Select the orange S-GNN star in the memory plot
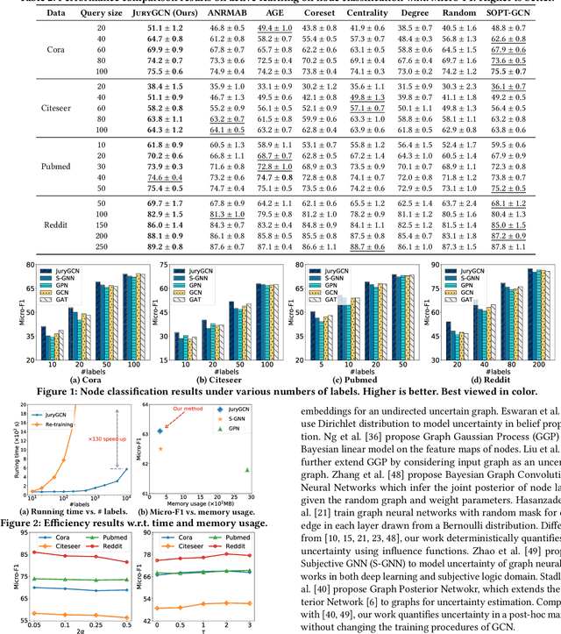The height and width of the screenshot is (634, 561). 160,449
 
